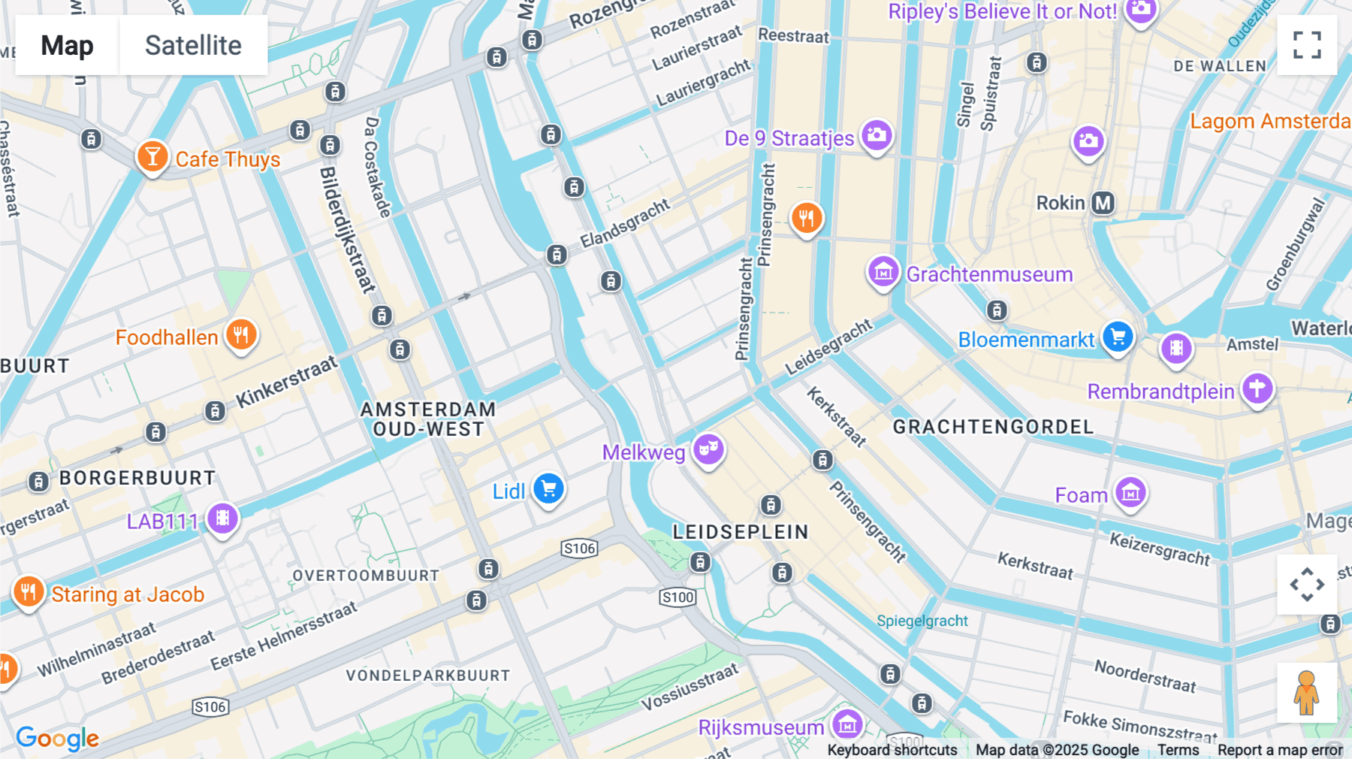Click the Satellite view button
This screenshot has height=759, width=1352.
click(193, 45)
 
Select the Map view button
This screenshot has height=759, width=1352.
click(67, 45)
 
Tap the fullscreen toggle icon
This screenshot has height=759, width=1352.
click(1307, 45)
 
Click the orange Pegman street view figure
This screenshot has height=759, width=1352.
click(1307, 693)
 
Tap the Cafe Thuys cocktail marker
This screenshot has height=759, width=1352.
click(152, 157)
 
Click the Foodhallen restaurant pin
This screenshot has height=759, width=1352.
click(241, 335)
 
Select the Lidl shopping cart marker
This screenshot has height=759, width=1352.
click(548, 489)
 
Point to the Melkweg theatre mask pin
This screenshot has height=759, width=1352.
click(708, 450)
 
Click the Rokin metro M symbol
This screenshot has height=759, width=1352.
click(1103, 203)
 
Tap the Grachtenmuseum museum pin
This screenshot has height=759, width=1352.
click(883, 272)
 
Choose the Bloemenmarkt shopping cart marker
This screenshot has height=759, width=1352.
click(1118, 337)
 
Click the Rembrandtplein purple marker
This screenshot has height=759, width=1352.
click(1257, 389)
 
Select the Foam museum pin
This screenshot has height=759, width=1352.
click(1130, 494)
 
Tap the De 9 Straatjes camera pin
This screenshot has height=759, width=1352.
click(877, 136)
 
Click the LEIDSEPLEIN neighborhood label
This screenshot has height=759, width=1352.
click(741, 532)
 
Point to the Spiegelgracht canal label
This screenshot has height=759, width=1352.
click(922, 621)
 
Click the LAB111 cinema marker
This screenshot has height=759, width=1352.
click(222, 519)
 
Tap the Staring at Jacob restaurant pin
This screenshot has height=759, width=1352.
click(29, 592)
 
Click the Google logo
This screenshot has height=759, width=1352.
click(57, 738)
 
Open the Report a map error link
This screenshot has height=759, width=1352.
click(1280, 750)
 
